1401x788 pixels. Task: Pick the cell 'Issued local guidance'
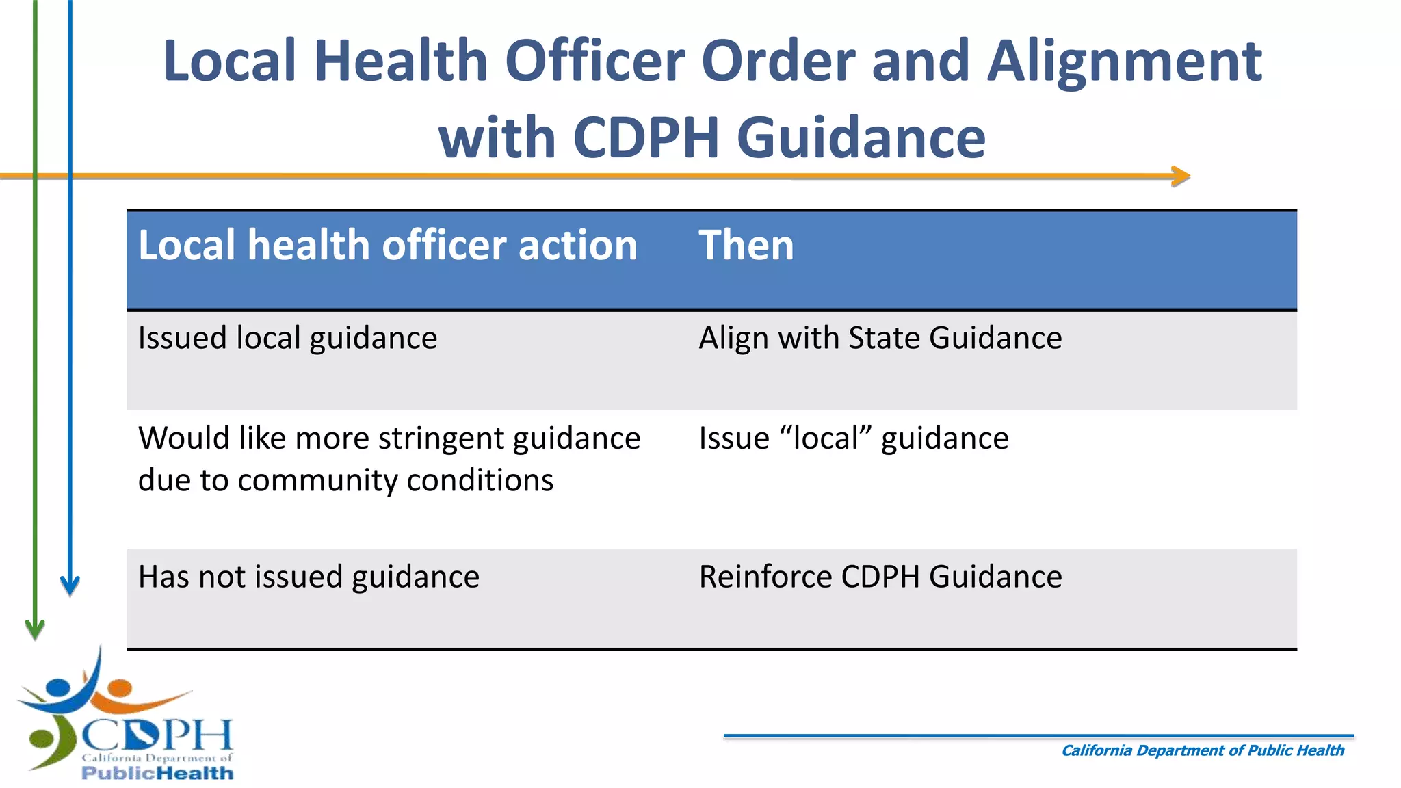[x=287, y=338]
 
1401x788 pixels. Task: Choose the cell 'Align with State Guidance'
[x=880, y=338]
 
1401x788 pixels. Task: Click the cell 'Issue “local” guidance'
[x=853, y=438]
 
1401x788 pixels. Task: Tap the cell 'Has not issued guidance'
[x=309, y=577]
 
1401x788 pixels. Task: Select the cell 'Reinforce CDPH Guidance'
[x=880, y=577]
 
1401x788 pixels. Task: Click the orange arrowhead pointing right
[x=1181, y=176]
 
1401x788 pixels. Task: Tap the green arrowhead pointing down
[x=35, y=628]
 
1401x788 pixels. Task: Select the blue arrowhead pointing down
[x=70, y=586]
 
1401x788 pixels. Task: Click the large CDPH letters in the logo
[x=157, y=735]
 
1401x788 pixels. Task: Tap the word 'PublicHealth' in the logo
[x=157, y=773]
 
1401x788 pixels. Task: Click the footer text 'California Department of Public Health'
[x=1202, y=750]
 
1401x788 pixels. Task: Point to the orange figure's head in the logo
[x=120, y=687]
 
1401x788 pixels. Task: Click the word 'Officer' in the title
[x=594, y=62]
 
